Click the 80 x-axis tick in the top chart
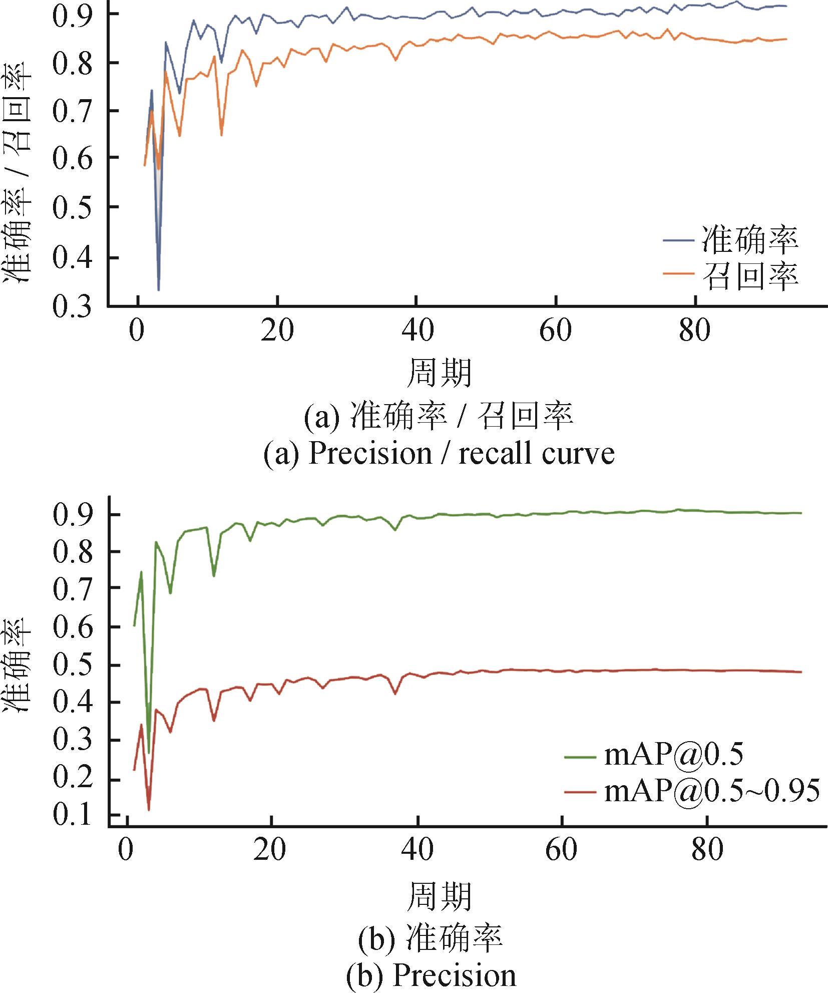pos(695,330)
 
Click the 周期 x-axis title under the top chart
pos(439,373)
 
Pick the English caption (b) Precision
pos(432,975)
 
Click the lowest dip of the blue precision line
pos(159,289)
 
